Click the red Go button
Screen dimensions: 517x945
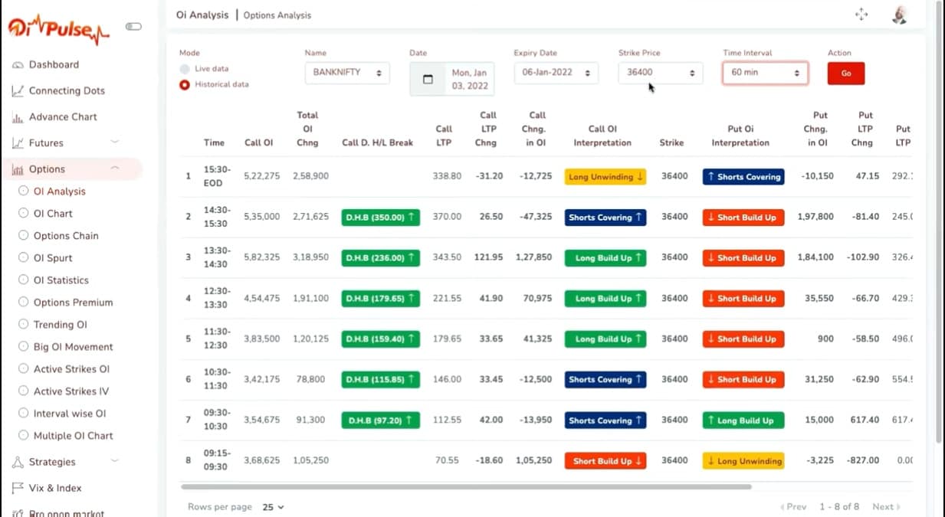pyautogui.click(x=845, y=74)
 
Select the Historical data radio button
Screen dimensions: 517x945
pyautogui.click(x=185, y=85)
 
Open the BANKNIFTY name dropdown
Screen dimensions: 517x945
pyautogui.click(x=347, y=73)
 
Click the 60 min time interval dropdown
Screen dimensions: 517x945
pyautogui.click(x=764, y=73)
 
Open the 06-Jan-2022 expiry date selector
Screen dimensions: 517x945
pyautogui.click(x=556, y=73)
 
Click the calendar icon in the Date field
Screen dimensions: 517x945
pyautogui.click(x=428, y=79)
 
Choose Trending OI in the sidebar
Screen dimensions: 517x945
pyautogui.click(x=59, y=325)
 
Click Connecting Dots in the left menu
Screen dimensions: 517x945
pyautogui.click(x=66, y=90)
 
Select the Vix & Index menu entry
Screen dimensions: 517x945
pyautogui.click(x=54, y=488)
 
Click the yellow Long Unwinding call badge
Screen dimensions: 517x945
pyautogui.click(x=605, y=177)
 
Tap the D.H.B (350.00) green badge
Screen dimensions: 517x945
pyautogui.click(x=380, y=218)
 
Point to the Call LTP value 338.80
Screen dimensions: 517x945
pyautogui.click(x=447, y=176)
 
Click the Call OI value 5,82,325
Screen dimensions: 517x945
pyautogui.click(x=261, y=257)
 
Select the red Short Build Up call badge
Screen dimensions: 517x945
pyautogui.click(x=605, y=461)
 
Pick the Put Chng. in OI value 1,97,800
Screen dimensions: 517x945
pyautogui.click(x=815, y=217)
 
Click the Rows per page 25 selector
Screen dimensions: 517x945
pyautogui.click(x=274, y=507)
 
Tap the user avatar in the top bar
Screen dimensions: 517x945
pyautogui.click(x=900, y=15)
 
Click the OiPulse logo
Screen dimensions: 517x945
pyautogui.click(x=59, y=29)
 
